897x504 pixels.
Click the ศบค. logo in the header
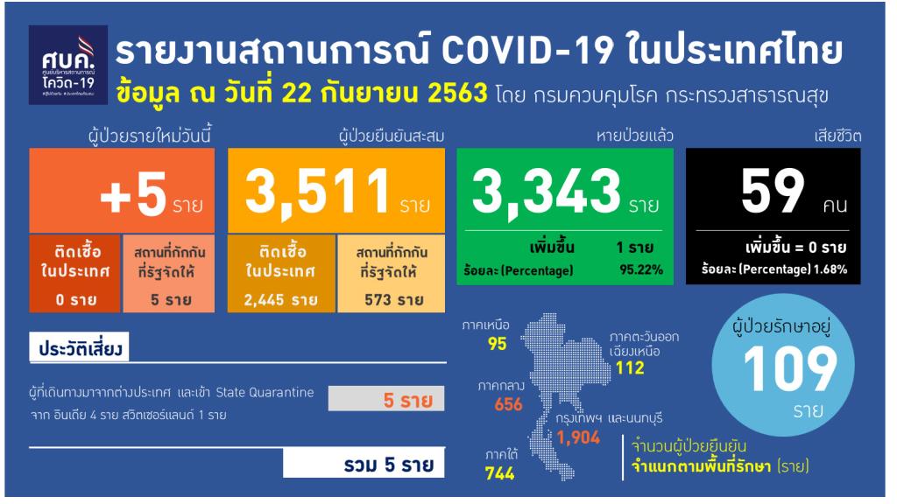tap(68, 65)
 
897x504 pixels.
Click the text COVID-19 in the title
tap(526, 51)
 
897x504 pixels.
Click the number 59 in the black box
tap(773, 191)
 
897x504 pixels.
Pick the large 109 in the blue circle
tap(790, 369)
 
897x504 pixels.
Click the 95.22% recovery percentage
tap(641, 269)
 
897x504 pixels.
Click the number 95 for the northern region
tap(498, 343)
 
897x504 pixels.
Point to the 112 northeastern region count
tap(630, 367)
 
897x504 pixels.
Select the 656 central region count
tap(509, 404)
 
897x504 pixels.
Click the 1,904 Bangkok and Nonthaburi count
tap(578, 437)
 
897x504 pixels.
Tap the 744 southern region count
tap(500, 473)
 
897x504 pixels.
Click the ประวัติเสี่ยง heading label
tap(80, 348)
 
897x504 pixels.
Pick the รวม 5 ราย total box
tap(364, 464)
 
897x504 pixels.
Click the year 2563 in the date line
tap(457, 93)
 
